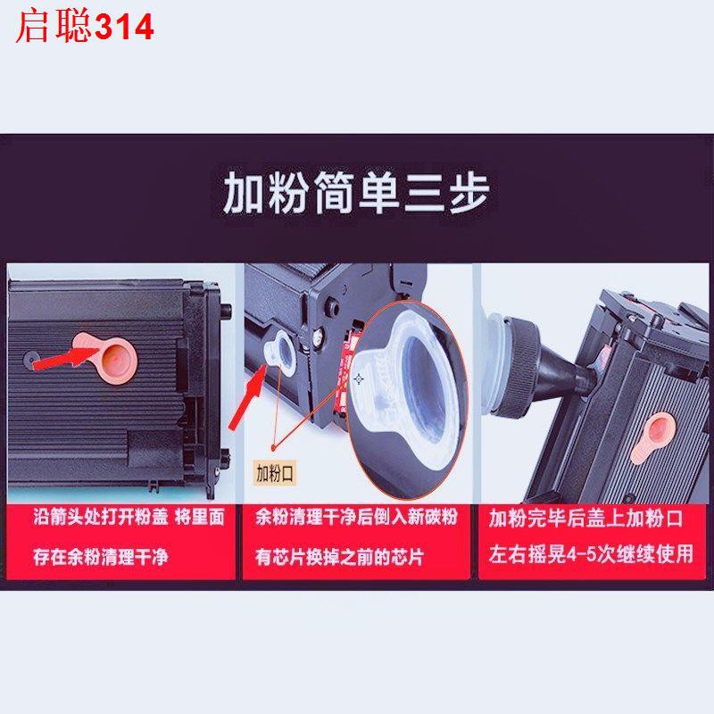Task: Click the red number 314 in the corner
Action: pyautogui.click(x=124, y=28)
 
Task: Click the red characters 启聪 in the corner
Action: pyautogui.click(x=54, y=27)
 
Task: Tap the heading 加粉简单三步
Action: pyautogui.click(x=356, y=192)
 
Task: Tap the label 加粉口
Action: pyautogui.click(x=275, y=474)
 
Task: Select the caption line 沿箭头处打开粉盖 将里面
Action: pyautogui.click(x=129, y=518)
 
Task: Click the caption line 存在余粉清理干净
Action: pyautogui.click(x=101, y=557)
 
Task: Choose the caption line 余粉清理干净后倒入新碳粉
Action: pyautogui.click(x=356, y=518)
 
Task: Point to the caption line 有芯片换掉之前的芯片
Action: pyautogui.click(x=339, y=557)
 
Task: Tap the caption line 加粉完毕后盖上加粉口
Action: pyautogui.click(x=586, y=519)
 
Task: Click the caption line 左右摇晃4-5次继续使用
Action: pyautogui.click(x=591, y=554)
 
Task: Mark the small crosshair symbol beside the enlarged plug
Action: pyautogui.click(x=359, y=378)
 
